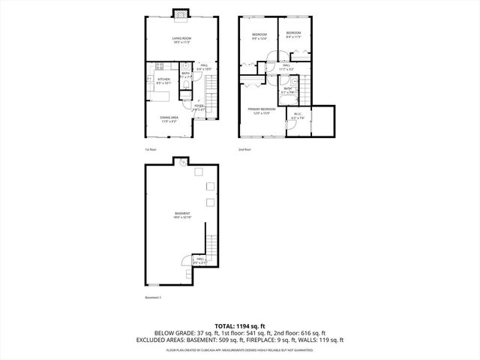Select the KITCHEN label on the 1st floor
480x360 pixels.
click(x=163, y=80)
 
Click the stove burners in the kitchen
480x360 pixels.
click(x=158, y=65)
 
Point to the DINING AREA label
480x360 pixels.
click(x=168, y=118)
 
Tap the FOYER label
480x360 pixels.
click(x=199, y=106)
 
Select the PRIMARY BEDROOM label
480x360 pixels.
click(x=262, y=111)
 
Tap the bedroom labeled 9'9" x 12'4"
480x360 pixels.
click(x=259, y=36)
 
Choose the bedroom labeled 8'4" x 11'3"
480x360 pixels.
click(x=292, y=34)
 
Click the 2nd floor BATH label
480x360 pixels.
click(x=288, y=90)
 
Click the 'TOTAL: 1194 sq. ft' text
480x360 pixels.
click(x=239, y=325)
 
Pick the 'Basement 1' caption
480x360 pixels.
click(x=153, y=298)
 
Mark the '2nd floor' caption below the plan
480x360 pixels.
click(x=244, y=148)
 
